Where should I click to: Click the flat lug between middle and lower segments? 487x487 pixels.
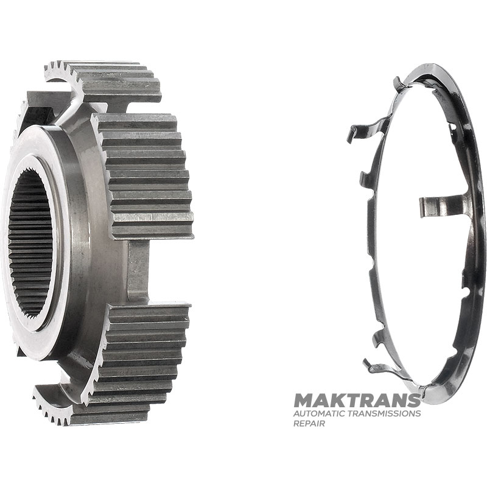(139, 271)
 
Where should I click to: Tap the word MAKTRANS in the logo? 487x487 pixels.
(357, 401)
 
